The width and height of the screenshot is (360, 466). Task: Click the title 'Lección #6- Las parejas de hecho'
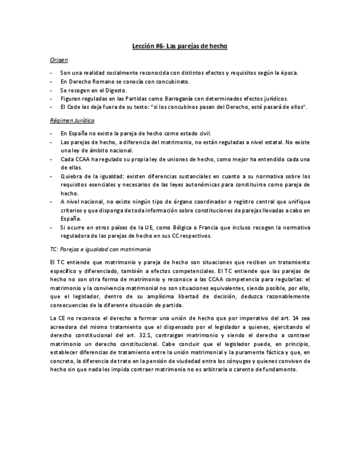pos(180,47)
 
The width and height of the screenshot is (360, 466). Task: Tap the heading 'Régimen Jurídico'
pos(65,120)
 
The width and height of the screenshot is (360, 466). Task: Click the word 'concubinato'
pos(172,81)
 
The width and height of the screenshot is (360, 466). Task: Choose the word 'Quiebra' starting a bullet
pos(71,176)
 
